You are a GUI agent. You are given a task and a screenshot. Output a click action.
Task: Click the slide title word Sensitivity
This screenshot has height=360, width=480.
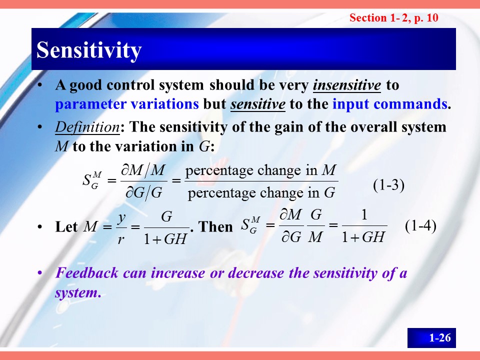(x=89, y=50)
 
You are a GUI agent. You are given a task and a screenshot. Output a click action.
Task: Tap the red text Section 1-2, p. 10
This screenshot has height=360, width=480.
(x=394, y=18)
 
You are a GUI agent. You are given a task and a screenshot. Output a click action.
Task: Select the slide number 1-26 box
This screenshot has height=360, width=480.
(x=431, y=338)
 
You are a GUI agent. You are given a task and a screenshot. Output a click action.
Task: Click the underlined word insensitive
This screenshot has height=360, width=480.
(x=347, y=85)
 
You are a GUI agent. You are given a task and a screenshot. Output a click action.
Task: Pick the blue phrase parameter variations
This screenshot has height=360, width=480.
(x=127, y=104)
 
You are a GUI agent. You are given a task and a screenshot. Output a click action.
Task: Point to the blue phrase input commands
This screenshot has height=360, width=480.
(x=389, y=104)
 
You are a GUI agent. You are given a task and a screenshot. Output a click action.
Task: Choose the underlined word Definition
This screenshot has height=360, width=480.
(x=87, y=127)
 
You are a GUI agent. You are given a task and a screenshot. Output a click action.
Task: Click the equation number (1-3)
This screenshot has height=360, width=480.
(x=389, y=185)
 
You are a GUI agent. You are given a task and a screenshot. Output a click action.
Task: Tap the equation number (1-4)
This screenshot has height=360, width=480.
(x=420, y=226)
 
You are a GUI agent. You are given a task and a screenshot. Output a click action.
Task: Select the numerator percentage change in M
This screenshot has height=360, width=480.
(x=261, y=170)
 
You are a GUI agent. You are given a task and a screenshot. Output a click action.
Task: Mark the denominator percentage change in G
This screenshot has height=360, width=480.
(x=261, y=193)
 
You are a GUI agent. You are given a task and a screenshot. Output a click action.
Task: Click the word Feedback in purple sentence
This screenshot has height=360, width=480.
(x=86, y=273)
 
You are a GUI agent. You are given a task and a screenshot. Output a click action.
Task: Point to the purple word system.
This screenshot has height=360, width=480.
(x=78, y=293)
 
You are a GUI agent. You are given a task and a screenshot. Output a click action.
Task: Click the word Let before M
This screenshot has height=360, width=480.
(x=66, y=227)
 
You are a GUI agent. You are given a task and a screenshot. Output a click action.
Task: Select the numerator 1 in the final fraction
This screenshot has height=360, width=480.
(x=364, y=215)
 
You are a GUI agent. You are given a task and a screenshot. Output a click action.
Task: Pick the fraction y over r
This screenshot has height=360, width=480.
(x=121, y=228)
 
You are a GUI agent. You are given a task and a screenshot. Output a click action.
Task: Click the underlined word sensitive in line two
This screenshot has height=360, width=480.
(x=258, y=104)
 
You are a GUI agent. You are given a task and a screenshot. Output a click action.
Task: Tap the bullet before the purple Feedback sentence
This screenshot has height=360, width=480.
(x=39, y=272)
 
